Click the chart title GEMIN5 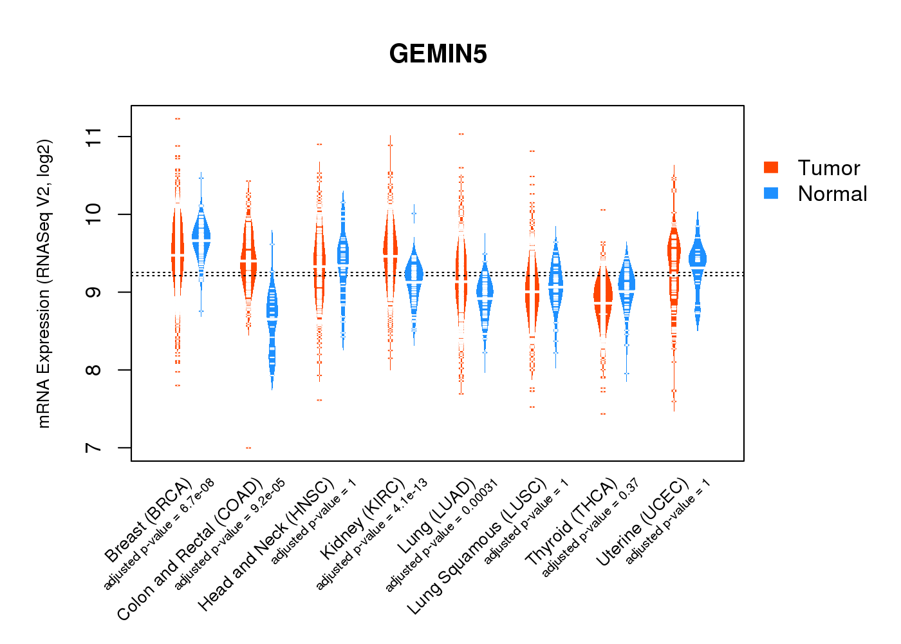438,54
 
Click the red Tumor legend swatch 771,167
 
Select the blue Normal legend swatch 771,193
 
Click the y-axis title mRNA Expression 44,283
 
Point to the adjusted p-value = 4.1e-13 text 371,535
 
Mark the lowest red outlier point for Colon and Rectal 248,448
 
